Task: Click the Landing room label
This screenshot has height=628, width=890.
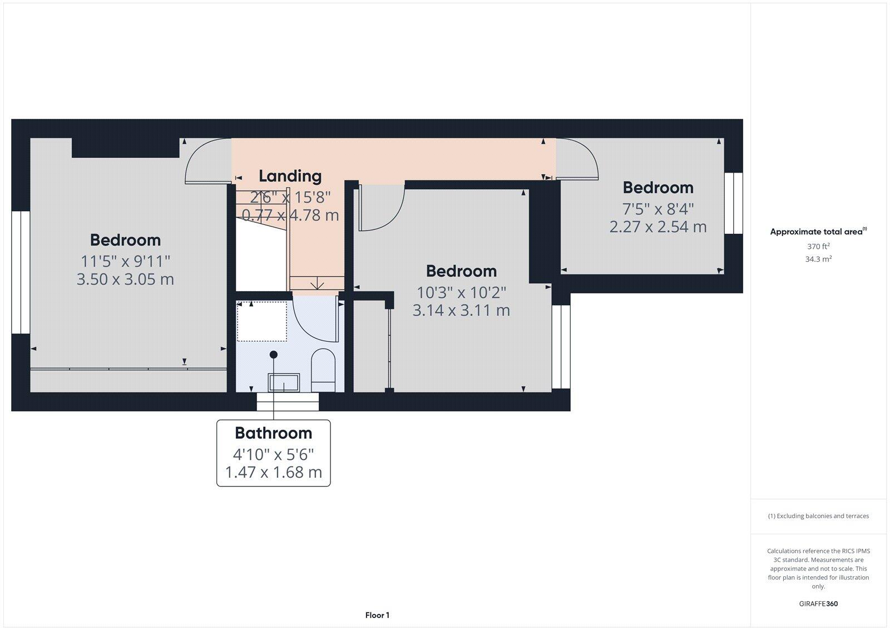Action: (290, 176)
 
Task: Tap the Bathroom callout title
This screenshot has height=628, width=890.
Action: (273, 433)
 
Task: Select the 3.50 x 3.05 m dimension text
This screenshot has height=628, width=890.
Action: (125, 279)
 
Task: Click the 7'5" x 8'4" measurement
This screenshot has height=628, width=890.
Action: (658, 209)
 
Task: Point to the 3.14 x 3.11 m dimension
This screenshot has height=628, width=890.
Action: (461, 310)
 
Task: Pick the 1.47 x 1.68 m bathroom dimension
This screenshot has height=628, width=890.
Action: (273, 472)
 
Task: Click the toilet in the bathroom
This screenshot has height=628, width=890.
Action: (323, 369)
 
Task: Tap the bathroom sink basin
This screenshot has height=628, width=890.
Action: (284, 382)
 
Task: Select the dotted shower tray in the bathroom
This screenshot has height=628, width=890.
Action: (261, 321)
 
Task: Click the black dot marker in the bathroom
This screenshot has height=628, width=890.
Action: (273, 355)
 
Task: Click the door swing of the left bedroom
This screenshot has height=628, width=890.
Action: (206, 161)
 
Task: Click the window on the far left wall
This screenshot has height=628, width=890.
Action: (21, 272)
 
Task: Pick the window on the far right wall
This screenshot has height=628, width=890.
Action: (734, 203)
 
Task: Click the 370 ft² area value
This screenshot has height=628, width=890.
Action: (818, 246)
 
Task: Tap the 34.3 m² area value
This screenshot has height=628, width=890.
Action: (818, 259)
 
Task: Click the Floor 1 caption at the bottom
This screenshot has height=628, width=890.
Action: (377, 615)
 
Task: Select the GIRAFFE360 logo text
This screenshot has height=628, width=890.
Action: (818, 604)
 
